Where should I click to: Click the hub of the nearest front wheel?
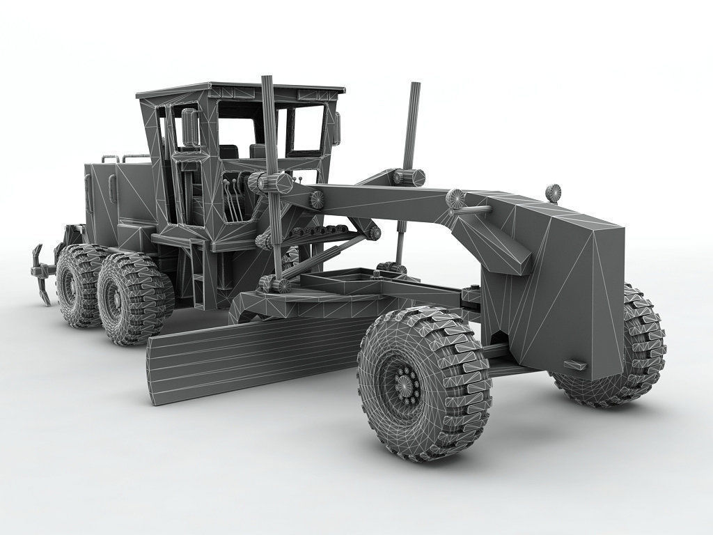click(405, 385)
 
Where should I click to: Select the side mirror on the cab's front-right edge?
click(337, 128)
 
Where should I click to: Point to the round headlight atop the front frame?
click(554, 192)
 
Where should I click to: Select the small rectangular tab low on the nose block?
click(575, 364)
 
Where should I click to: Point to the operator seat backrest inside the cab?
click(228, 150)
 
